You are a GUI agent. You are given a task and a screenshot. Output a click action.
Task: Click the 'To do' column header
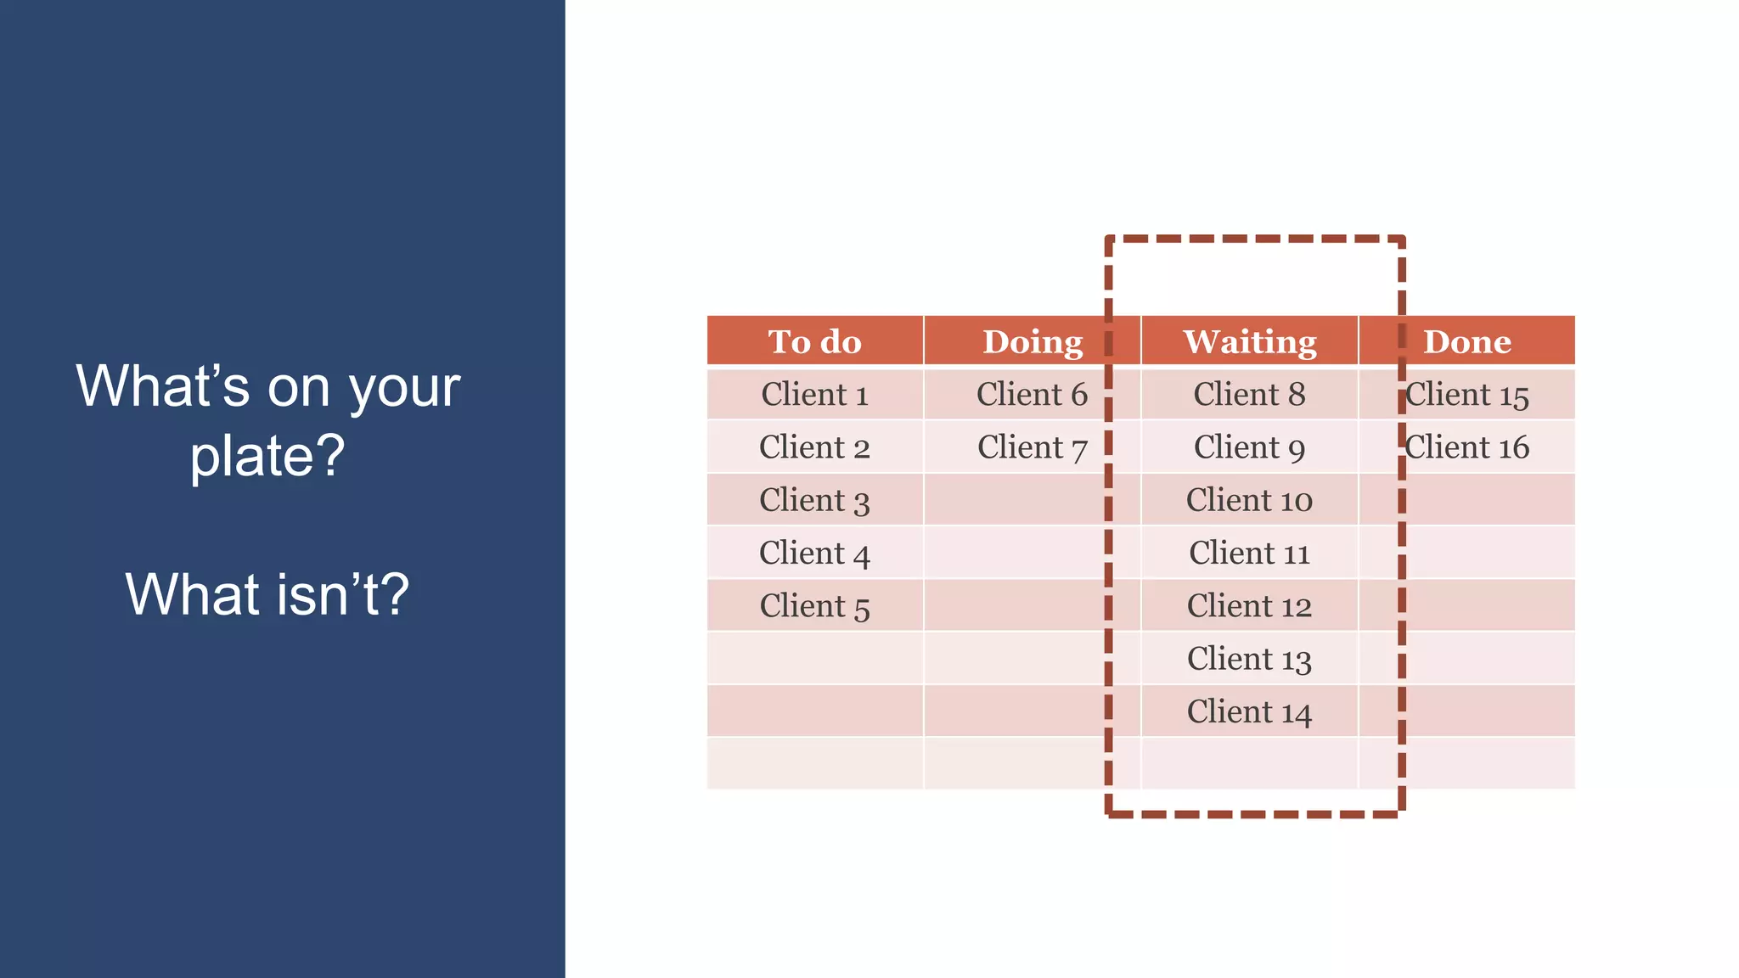[814, 341]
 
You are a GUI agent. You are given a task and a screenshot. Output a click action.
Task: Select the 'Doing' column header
[1032, 341]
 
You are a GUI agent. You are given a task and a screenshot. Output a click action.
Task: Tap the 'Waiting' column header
[1249, 341]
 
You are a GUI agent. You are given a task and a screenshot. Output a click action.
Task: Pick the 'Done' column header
[1466, 341]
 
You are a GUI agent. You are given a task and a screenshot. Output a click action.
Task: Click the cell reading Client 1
[814, 395]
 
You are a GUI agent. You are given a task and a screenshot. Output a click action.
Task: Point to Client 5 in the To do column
[814, 606]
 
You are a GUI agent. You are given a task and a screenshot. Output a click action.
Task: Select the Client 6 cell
[1032, 395]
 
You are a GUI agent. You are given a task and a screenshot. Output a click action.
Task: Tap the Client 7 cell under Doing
[1032, 447]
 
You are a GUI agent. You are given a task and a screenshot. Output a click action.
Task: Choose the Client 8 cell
[1249, 395]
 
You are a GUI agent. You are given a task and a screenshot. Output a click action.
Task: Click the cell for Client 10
[1249, 500]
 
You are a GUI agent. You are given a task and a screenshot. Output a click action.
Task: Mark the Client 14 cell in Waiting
[1249, 711]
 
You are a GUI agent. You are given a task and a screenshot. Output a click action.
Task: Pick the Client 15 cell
[1466, 395]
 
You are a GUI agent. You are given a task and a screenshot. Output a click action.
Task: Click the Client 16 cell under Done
[1466, 447]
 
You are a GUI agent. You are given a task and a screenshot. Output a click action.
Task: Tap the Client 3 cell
[814, 500]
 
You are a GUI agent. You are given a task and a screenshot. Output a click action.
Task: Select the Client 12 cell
[1249, 606]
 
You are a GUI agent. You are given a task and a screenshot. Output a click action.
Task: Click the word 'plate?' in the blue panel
[267, 457]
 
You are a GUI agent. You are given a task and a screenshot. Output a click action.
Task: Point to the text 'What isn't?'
[267, 593]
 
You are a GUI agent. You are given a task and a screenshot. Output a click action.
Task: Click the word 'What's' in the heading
[162, 386]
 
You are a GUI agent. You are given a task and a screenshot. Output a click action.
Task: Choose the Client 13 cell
[1249, 659]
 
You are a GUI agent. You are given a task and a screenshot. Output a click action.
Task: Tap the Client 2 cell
[814, 447]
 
